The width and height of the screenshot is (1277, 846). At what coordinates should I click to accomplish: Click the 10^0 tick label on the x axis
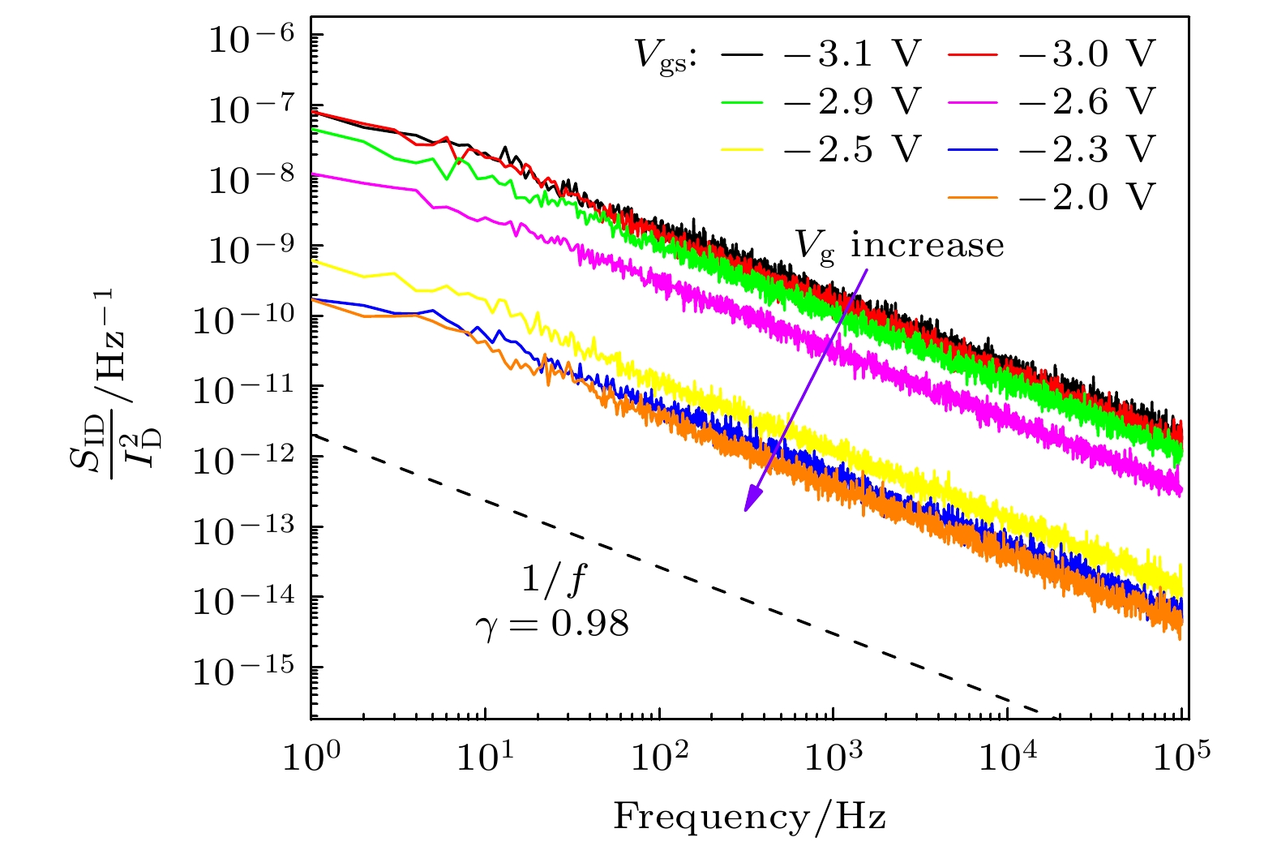pos(312,760)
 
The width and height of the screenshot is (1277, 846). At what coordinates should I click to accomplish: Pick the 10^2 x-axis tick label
pos(659,760)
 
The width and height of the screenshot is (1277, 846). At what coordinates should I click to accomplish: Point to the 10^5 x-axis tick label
pos(1181,760)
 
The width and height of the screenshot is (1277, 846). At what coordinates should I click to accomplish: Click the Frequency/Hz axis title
pos(749,817)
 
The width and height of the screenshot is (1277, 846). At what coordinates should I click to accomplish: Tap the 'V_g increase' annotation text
pos(898,245)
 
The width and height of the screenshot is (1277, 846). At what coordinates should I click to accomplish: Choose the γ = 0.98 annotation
pos(552,625)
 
